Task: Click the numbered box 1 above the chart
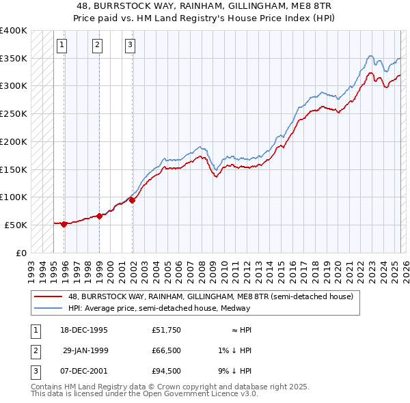[61, 46]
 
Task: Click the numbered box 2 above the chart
[97, 46]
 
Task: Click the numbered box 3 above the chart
[130, 46]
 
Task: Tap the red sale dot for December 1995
[64, 224]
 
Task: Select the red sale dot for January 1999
[100, 216]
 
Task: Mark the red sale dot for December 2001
[133, 200]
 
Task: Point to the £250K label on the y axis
[14, 113]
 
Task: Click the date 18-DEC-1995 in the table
[83, 330]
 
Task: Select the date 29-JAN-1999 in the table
[85, 350]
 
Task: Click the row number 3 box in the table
[34, 371]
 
